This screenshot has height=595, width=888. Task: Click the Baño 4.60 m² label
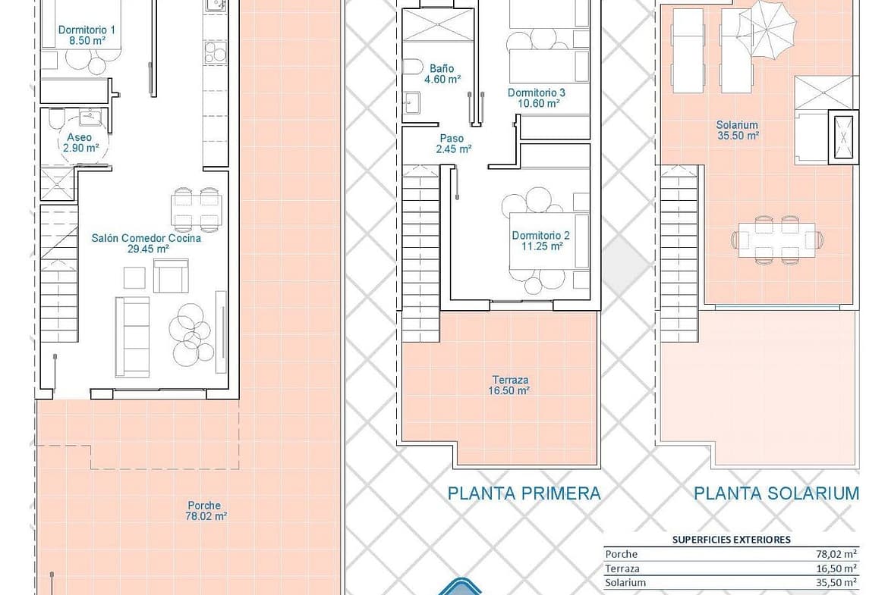442,74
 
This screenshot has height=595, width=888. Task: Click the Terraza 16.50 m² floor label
510,385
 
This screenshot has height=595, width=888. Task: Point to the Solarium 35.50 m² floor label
738,130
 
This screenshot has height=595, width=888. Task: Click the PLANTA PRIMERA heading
524,493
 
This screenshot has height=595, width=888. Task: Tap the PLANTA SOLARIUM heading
776,493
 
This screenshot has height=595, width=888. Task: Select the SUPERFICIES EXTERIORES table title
731,540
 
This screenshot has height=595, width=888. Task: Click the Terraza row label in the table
622,569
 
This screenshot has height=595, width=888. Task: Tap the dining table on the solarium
776,240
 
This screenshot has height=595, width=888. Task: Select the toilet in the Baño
413,68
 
